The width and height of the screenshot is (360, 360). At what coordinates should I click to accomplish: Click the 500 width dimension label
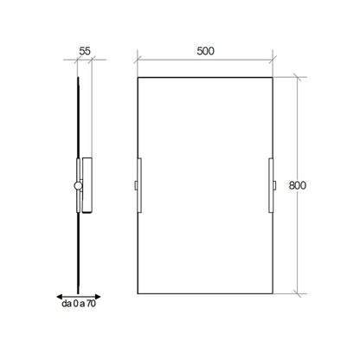(205, 51)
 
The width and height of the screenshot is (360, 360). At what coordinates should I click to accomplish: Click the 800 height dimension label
(298, 185)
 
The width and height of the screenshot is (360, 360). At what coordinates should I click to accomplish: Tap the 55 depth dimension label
(85, 51)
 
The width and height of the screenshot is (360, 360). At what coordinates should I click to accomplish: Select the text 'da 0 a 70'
(79, 304)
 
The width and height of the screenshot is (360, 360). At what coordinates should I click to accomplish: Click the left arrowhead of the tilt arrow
(60, 297)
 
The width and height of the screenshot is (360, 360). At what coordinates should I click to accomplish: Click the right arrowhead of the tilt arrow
(98, 297)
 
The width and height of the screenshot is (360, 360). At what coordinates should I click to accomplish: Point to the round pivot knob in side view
(78, 186)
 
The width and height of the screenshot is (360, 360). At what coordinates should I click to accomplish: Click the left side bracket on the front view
(139, 185)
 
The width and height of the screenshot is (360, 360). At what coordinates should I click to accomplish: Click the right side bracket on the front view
(271, 185)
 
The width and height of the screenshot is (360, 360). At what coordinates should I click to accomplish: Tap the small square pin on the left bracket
(136, 185)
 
